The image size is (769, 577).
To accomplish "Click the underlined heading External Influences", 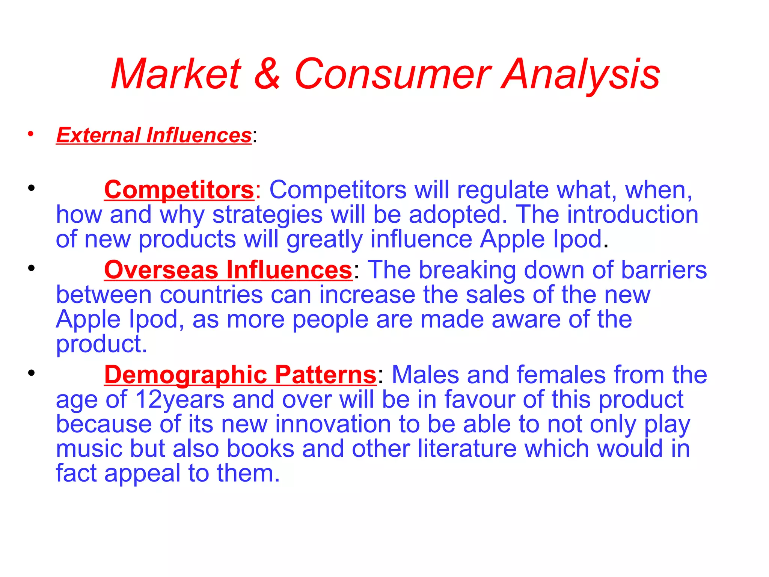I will [x=154, y=135].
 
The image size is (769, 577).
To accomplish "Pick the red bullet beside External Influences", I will [x=31, y=134].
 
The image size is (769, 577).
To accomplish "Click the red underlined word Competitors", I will [x=179, y=190].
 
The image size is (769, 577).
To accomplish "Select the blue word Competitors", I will [x=338, y=190].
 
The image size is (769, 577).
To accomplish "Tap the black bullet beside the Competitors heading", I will [x=31, y=188].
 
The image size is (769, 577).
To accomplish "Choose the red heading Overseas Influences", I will [x=228, y=270].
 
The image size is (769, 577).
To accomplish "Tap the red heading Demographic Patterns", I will [x=240, y=375].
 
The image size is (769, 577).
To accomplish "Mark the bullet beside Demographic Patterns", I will [x=31, y=373].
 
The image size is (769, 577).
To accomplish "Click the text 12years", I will [x=179, y=400].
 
